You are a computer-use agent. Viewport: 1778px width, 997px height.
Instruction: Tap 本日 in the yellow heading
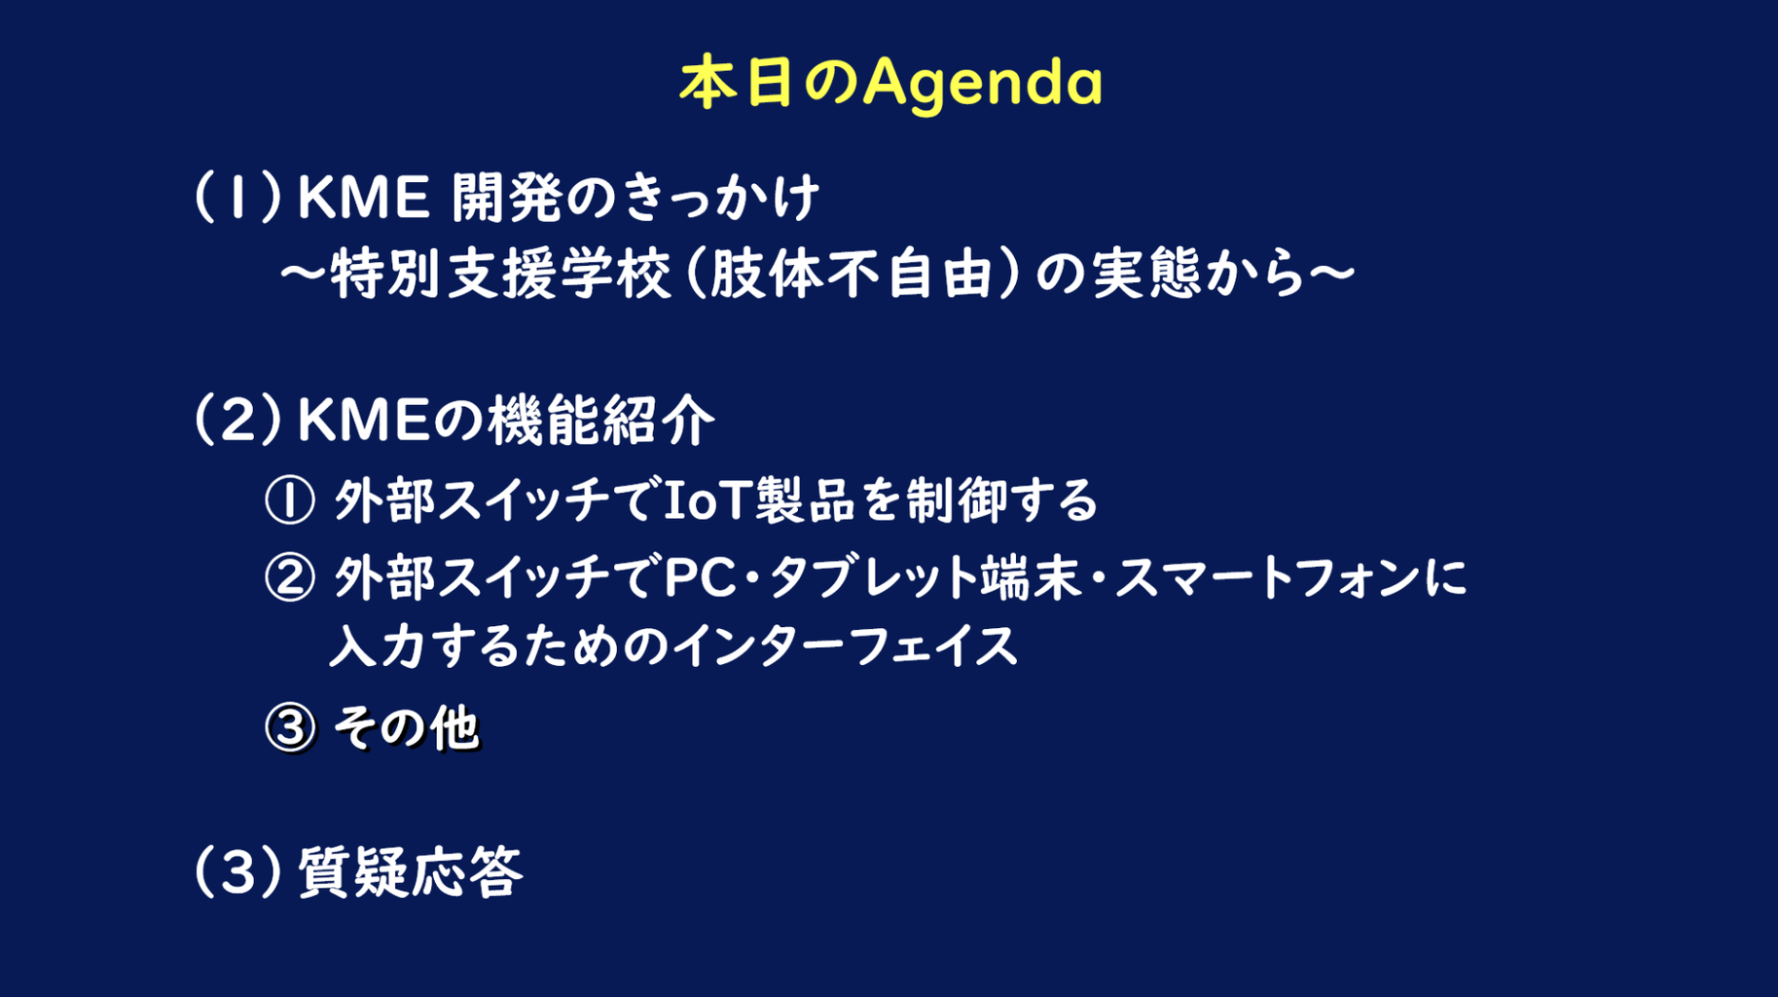(x=736, y=83)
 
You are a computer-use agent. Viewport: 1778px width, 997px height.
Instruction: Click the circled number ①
(x=290, y=500)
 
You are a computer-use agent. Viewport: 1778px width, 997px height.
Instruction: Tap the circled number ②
(x=290, y=577)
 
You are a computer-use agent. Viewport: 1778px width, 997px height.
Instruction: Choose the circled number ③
(x=290, y=728)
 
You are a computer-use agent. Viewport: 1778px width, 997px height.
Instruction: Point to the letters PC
(x=701, y=577)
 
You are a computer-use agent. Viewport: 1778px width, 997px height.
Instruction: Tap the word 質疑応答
(x=411, y=871)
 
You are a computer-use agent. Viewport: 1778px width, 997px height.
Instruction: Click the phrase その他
(x=407, y=728)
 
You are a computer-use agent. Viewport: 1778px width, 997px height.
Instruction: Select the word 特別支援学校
(x=501, y=274)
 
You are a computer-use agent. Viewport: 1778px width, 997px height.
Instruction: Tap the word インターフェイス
(x=846, y=646)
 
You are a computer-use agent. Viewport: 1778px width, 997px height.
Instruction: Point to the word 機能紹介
(x=601, y=421)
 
